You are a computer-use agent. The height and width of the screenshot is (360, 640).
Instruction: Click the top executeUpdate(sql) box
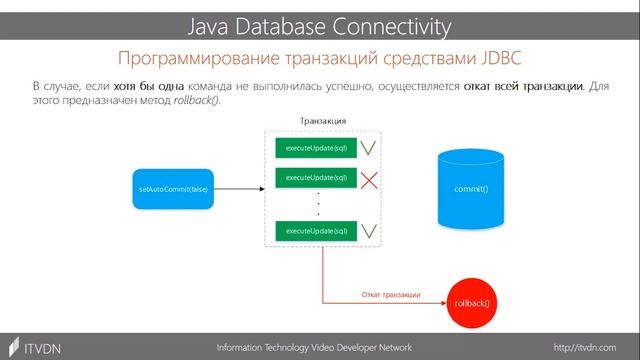click(316, 148)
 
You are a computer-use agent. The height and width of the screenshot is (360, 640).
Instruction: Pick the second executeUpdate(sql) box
click(316, 177)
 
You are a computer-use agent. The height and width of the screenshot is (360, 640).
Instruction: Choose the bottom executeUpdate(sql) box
click(316, 231)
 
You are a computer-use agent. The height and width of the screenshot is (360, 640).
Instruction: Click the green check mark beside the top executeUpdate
click(369, 148)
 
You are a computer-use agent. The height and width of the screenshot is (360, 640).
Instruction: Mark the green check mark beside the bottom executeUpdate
click(369, 231)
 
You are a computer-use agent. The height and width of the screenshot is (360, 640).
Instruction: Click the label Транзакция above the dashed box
click(323, 121)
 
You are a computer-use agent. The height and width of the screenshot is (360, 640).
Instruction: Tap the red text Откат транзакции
click(389, 295)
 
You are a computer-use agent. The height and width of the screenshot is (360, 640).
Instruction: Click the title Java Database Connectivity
click(320, 23)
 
